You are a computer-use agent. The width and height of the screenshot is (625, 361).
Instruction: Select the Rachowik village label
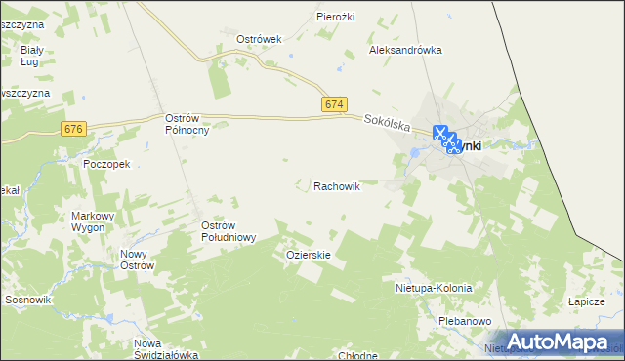point(337,185)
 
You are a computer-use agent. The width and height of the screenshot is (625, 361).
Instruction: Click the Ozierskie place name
point(309,255)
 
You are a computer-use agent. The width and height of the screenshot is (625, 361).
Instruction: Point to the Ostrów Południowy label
point(228,231)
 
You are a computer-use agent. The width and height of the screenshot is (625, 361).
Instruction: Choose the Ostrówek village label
point(259,40)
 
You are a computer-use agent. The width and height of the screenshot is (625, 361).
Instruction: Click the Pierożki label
point(335,17)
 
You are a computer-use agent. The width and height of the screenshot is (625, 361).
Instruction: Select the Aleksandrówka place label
point(405,50)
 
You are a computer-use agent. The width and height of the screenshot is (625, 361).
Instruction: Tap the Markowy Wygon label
point(94,221)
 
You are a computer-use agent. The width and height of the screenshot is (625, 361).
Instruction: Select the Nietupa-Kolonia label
point(434,289)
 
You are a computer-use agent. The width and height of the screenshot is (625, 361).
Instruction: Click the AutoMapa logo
point(562,341)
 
